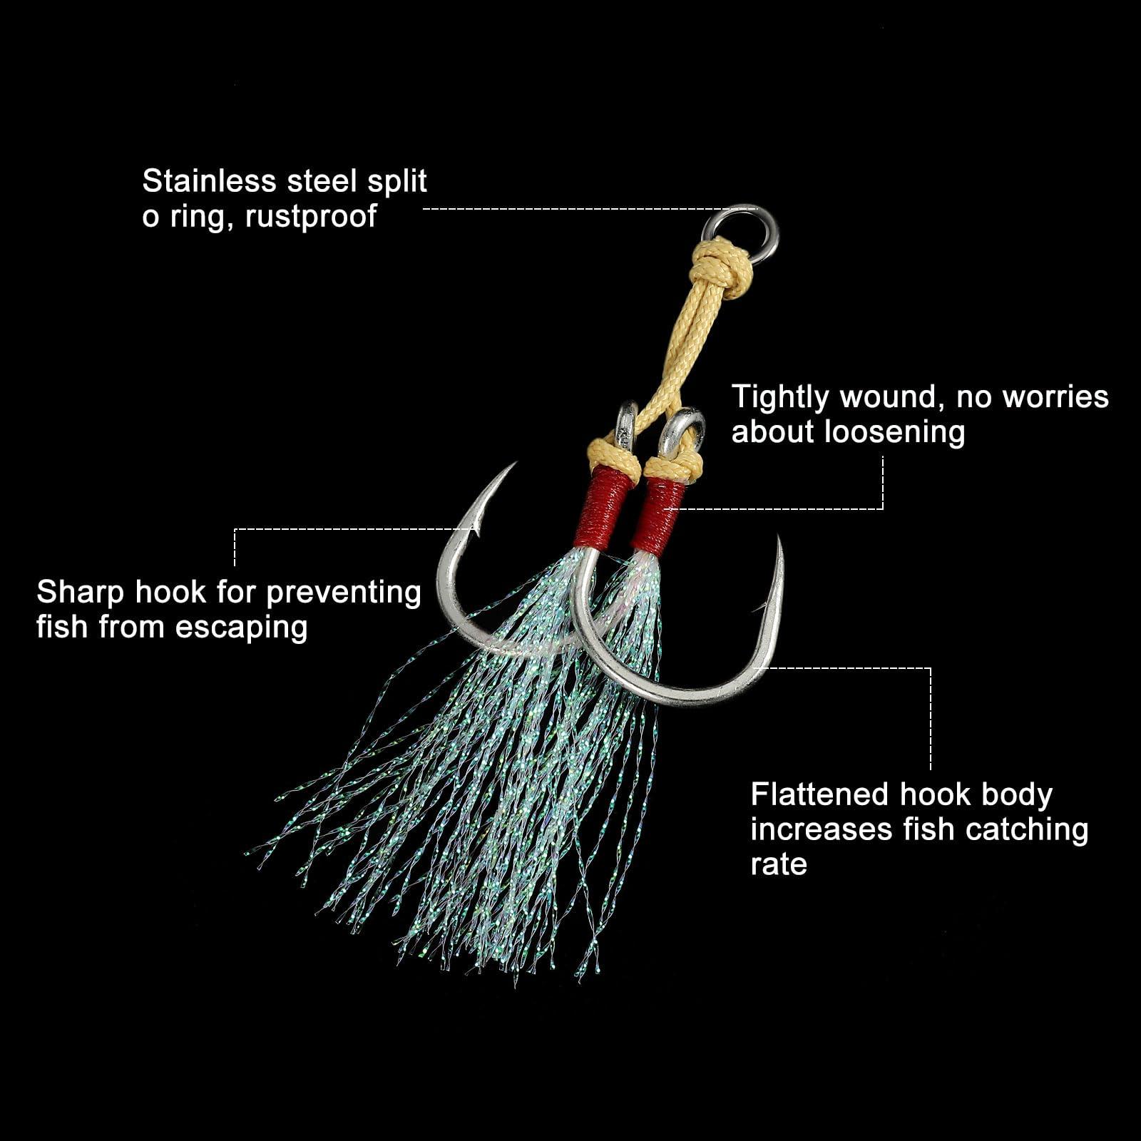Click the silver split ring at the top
(x=741, y=233)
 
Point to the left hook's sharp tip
(x=514, y=464)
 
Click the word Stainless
(x=209, y=181)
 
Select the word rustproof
(x=310, y=217)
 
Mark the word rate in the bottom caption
(x=779, y=865)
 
